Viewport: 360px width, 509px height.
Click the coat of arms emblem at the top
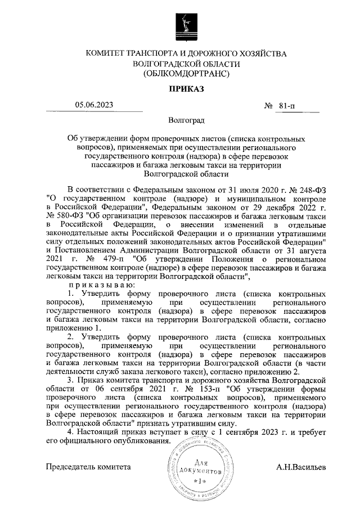pyautogui.click(x=185, y=25)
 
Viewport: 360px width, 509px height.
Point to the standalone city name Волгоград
pyautogui.click(x=186, y=121)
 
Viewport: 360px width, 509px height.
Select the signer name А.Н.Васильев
pyautogui.click(x=300, y=467)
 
